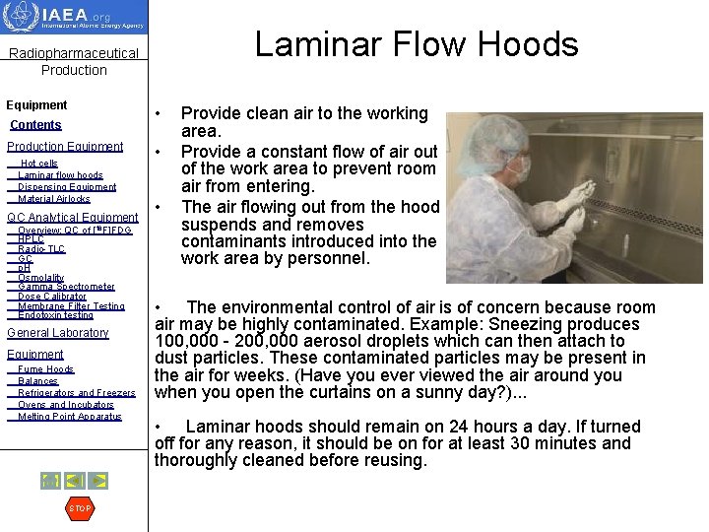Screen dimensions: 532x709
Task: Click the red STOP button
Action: [79, 508]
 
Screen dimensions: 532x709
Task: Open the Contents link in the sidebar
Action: [35, 125]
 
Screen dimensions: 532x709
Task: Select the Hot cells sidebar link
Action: [39, 164]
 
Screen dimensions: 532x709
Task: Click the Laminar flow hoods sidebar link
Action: [60, 175]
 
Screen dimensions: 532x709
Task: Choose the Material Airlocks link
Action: [54, 199]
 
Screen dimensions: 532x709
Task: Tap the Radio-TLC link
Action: [41, 249]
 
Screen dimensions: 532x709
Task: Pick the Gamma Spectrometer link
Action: [66, 287]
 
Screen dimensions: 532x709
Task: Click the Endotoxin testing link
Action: [55, 315]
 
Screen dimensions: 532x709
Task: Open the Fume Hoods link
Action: [45, 369]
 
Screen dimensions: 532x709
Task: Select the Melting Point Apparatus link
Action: [69, 417]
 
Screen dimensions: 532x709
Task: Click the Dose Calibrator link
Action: [52, 297]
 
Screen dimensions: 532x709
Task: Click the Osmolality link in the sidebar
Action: [40, 278]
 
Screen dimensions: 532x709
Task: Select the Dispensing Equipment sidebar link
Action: [67, 187]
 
